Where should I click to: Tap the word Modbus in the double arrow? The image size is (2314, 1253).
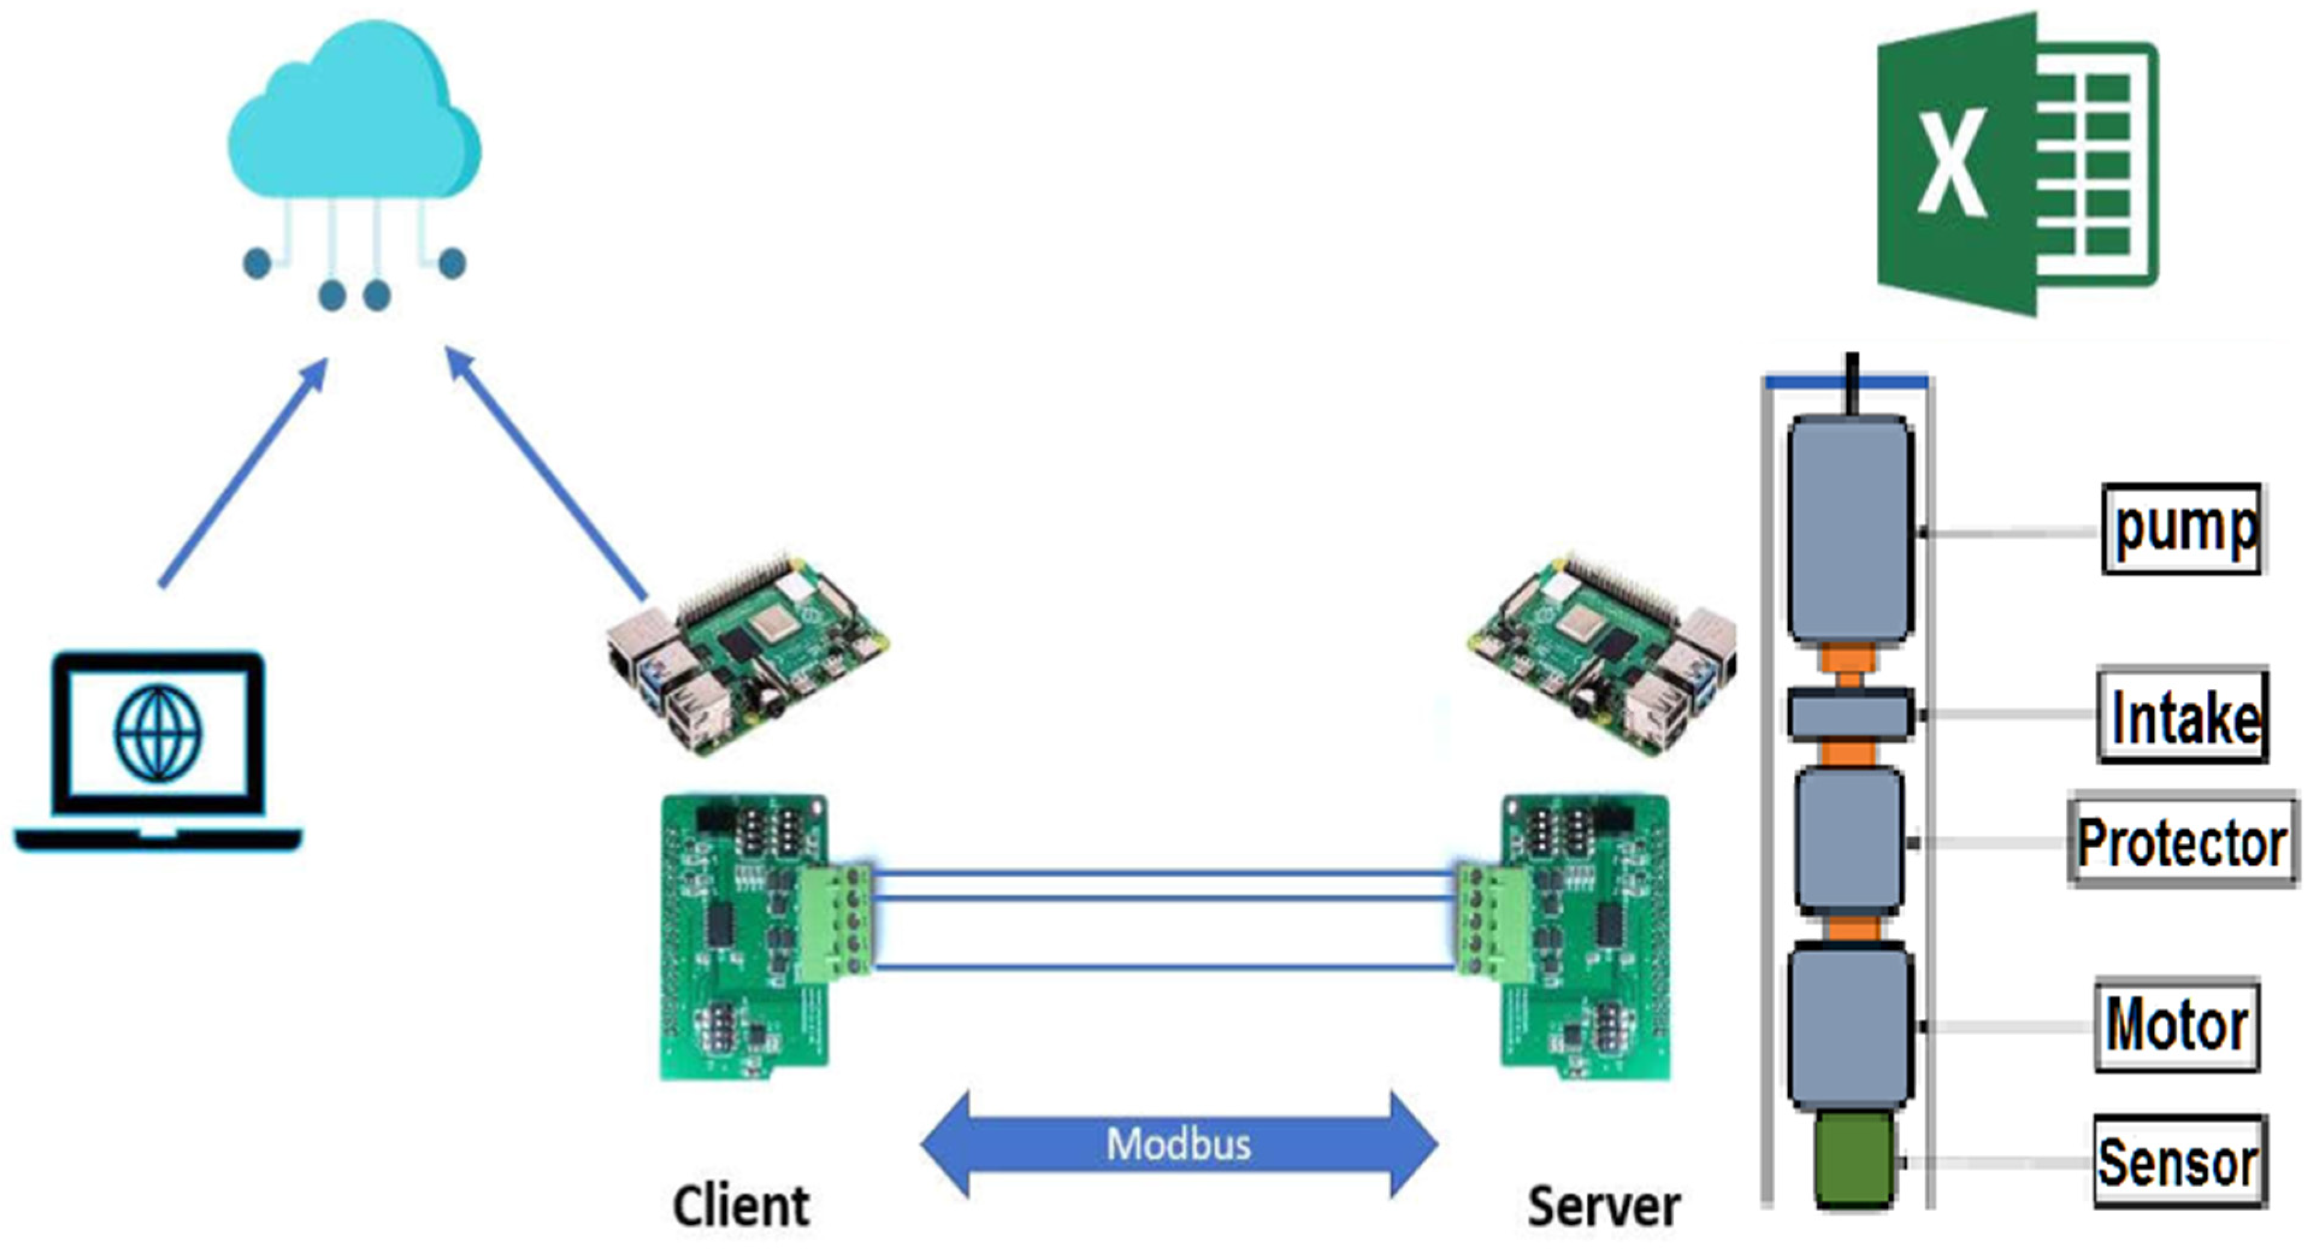click(x=1178, y=1144)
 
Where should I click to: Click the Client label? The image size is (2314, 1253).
click(x=741, y=1205)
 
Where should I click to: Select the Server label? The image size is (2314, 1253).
click(x=1603, y=1205)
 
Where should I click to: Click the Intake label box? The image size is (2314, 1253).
click(x=2183, y=716)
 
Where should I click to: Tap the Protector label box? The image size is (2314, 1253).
click(x=2183, y=841)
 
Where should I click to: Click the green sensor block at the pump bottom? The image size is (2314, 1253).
click(x=1853, y=1159)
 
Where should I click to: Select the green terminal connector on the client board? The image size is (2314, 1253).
click(x=835, y=921)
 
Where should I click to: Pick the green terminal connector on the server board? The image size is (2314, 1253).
click(x=1492, y=921)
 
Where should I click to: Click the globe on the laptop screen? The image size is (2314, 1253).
click(x=158, y=733)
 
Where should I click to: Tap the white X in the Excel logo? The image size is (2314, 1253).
click(x=1951, y=164)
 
